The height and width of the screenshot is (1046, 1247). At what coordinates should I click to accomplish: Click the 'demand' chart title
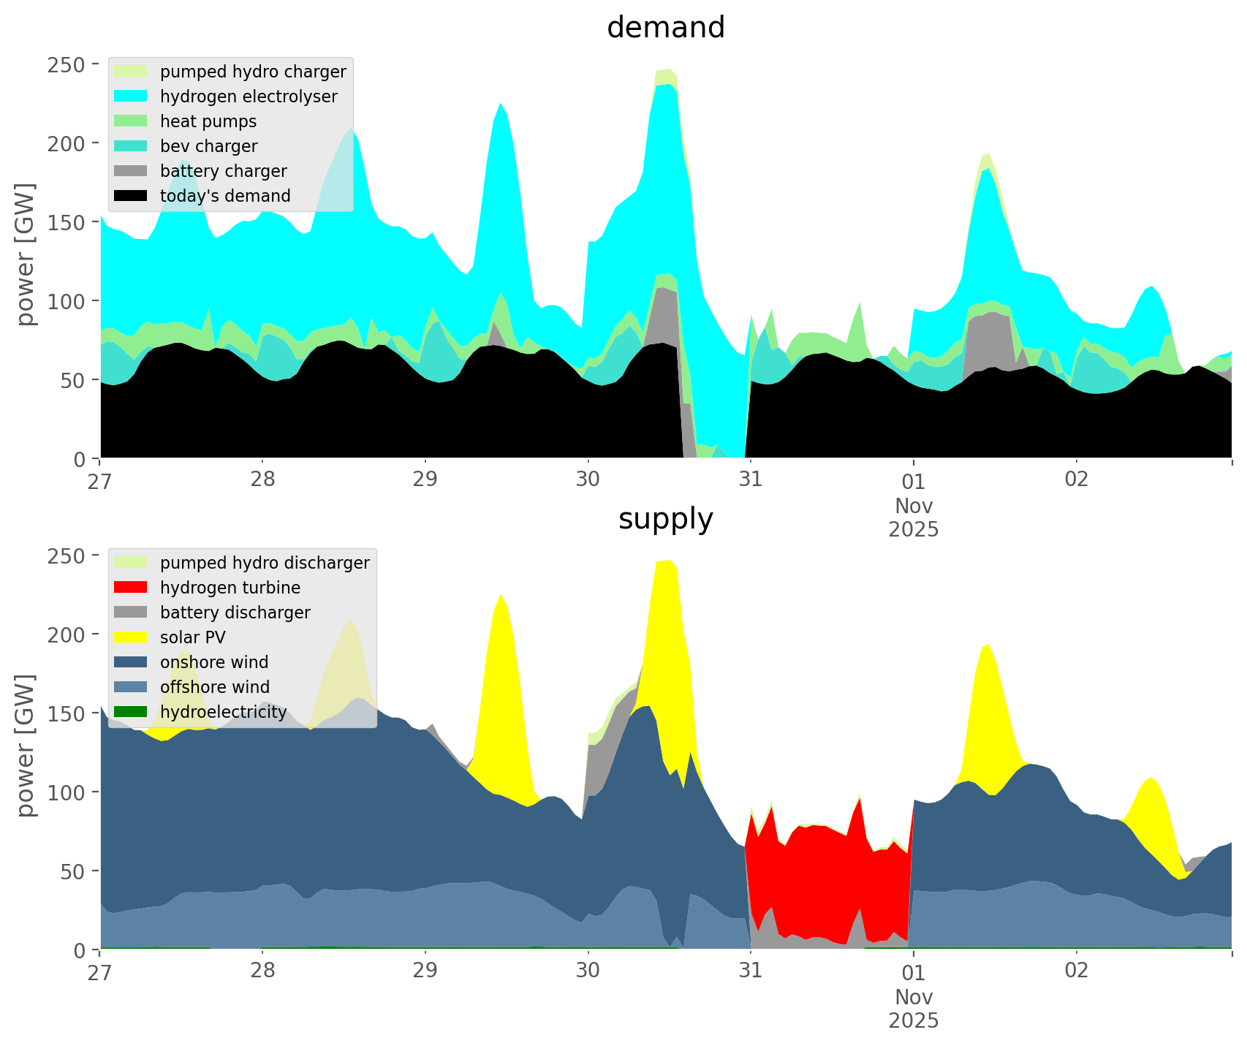point(665,28)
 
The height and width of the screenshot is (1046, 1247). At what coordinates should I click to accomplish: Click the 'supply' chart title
point(665,519)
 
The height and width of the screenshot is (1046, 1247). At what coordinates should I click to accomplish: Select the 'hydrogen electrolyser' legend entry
point(249,96)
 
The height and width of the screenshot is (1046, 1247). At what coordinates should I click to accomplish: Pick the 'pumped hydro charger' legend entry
point(253,72)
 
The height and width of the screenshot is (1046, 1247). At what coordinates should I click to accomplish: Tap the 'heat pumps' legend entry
point(208,121)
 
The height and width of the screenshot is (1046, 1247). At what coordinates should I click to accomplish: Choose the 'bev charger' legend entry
point(208,146)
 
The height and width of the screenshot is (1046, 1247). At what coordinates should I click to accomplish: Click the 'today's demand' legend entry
point(225,196)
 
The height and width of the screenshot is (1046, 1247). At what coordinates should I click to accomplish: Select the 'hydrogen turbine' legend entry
point(230,588)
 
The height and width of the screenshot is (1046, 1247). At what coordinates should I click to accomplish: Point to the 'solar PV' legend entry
point(193,637)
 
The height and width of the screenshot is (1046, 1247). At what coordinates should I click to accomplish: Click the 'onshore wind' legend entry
point(214,662)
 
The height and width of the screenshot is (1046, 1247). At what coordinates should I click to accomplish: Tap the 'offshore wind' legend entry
point(215,687)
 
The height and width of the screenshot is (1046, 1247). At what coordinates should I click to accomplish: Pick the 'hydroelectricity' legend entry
point(224,712)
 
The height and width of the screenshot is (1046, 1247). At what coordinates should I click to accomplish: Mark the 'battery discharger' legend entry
point(235,613)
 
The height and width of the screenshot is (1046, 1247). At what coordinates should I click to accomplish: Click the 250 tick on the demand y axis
point(72,64)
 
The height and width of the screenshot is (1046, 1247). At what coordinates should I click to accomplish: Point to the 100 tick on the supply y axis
point(72,792)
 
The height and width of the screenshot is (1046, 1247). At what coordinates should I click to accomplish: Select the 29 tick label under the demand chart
point(425,480)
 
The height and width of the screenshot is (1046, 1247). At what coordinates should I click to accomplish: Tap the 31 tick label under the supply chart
point(750,971)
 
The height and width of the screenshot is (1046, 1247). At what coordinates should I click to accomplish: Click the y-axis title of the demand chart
point(26,254)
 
